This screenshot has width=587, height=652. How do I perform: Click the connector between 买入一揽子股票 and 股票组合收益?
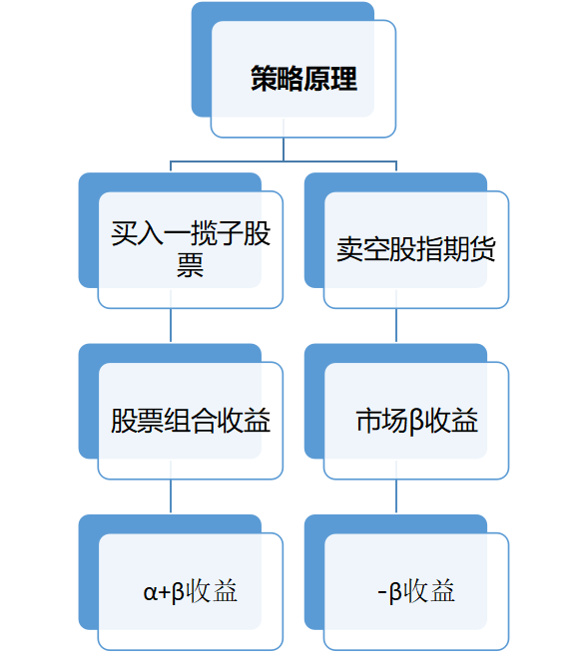click(x=171, y=325)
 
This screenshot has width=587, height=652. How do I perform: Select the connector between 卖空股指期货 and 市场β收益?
click(x=396, y=325)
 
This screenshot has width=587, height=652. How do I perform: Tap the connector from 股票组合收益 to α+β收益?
click(x=171, y=496)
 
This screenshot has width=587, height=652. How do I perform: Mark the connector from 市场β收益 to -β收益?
click(x=396, y=496)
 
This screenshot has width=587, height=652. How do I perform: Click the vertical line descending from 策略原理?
click(x=284, y=149)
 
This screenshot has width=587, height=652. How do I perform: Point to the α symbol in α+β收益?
click(x=151, y=592)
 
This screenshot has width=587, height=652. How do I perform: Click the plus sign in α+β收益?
click(x=165, y=592)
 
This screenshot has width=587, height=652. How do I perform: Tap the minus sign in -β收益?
click(x=382, y=592)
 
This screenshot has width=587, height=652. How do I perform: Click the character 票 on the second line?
click(x=190, y=265)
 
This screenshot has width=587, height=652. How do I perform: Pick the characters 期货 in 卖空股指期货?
click(x=469, y=249)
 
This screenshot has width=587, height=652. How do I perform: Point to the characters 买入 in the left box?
click(x=137, y=233)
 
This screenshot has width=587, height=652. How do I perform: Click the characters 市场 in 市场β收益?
click(x=382, y=421)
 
